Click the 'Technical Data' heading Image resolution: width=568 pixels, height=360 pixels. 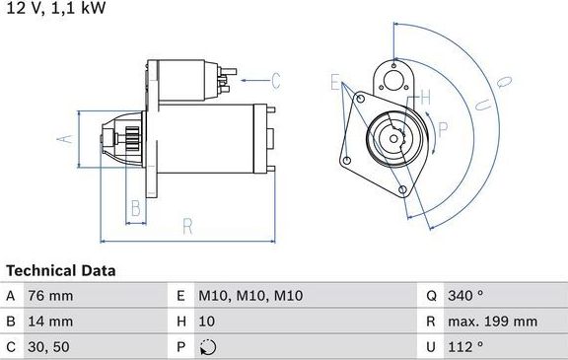click(60, 269)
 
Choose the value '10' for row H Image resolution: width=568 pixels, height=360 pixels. click(206, 321)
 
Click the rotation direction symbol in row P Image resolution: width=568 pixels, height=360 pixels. click(206, 346)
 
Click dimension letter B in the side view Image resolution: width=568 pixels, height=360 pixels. click(137, 207)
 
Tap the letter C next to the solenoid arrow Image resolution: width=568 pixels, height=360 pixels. click(276, 79)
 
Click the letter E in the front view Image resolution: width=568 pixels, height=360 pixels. click(334, 81)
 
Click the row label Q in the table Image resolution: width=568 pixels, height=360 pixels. click(431, 295)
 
